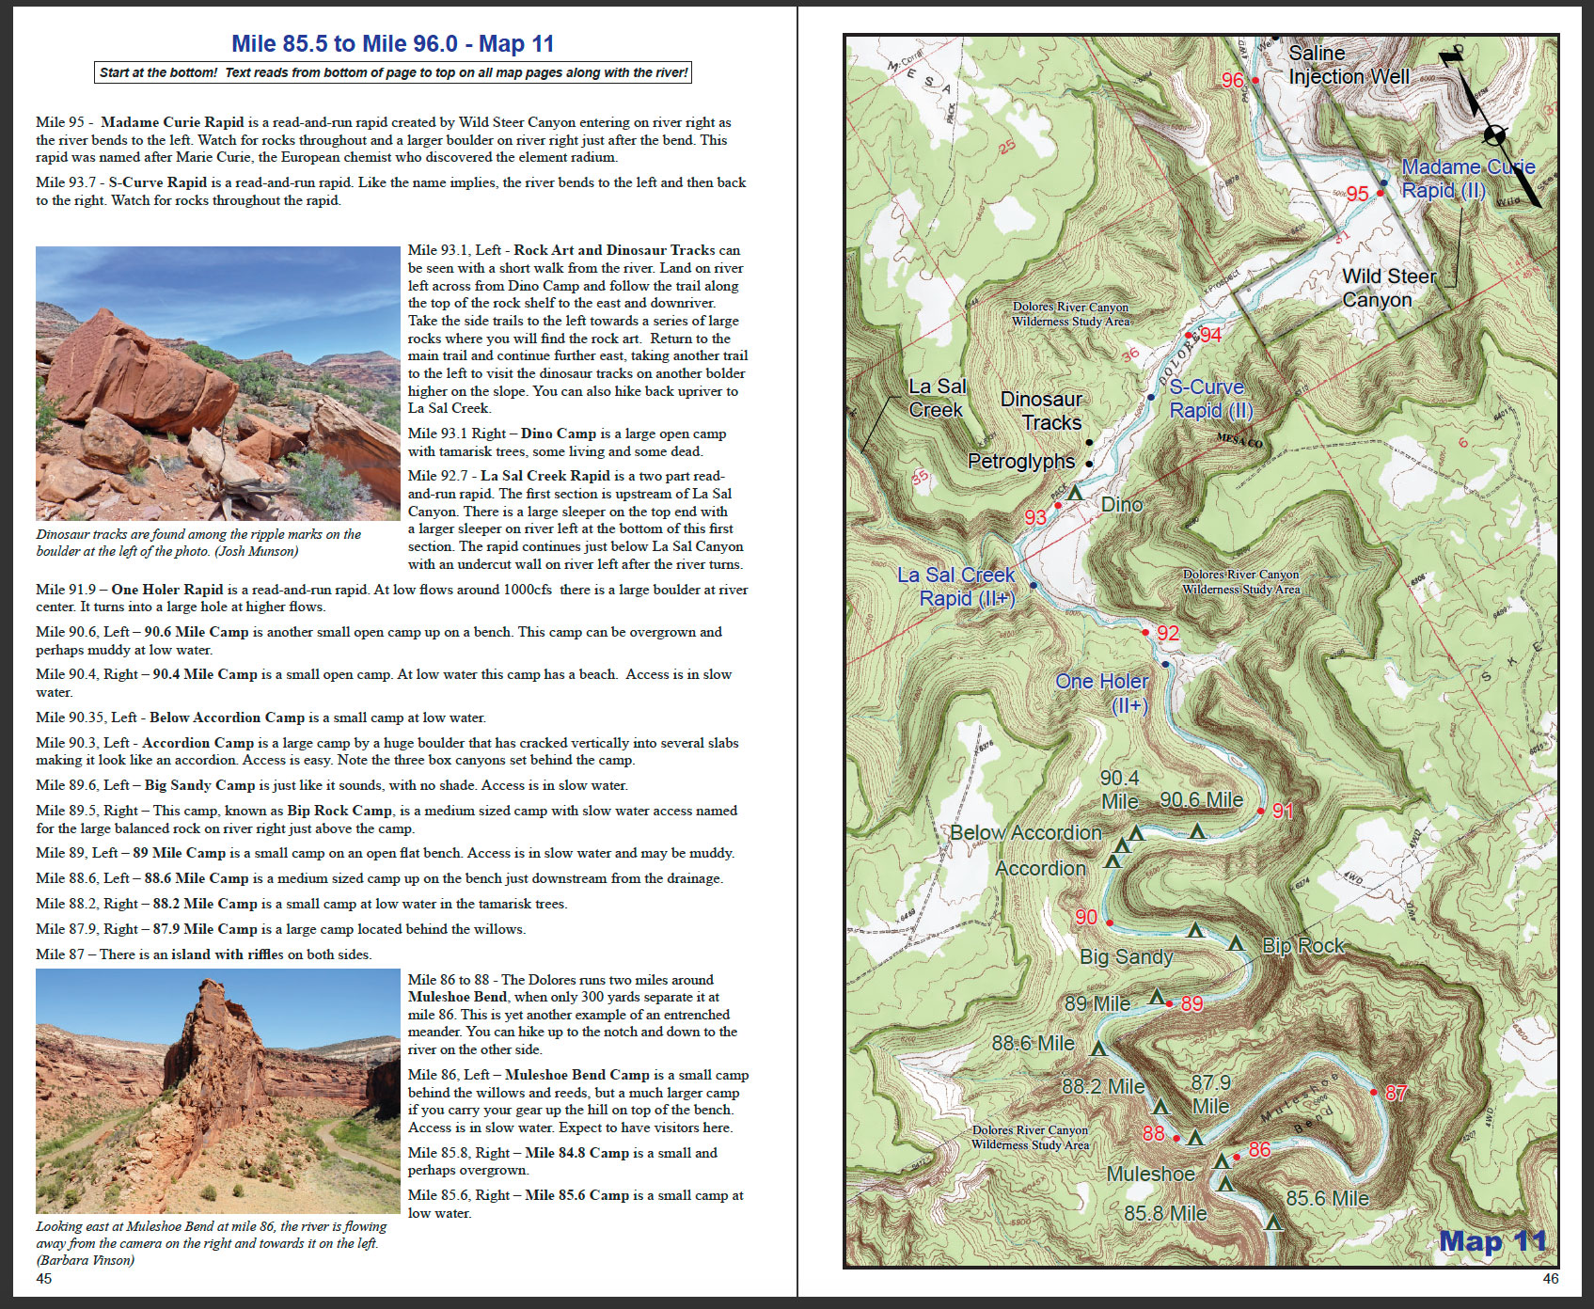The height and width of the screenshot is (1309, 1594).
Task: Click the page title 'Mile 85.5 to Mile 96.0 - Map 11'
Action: point(393,43)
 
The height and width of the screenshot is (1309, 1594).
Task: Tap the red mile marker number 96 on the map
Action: point(1232,81)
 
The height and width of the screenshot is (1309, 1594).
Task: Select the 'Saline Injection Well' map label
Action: point(1348,65)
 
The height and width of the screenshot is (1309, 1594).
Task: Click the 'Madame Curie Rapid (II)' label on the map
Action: point(1467,179)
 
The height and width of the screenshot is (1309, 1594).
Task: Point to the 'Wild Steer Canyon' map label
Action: point(1388,288)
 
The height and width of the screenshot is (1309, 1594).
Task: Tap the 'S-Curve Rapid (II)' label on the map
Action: point(1210,399)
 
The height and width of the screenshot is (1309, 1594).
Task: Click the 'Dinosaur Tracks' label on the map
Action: point(1041,411)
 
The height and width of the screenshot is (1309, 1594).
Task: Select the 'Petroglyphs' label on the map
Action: point(1021,462)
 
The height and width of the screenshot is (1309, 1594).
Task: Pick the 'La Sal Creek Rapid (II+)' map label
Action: point(955,587)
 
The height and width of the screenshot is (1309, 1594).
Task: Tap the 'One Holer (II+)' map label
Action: point(1102,693)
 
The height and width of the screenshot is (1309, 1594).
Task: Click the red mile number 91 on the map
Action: point(1283,811)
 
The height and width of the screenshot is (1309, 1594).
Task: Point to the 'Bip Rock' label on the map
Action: point(1302,946)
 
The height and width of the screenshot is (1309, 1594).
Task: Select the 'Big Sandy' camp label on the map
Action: point(1126,957)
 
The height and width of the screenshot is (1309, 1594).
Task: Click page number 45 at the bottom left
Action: point(44,1278)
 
